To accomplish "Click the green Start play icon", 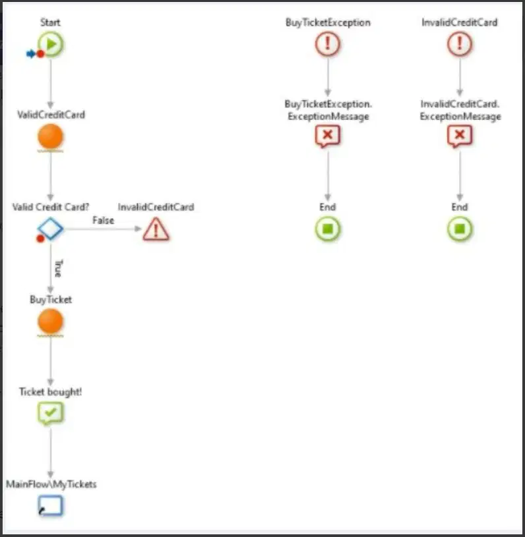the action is click(x=51, y=44).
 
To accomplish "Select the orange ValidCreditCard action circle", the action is click(x=50, y=136).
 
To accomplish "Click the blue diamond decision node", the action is click(x=50, y=229).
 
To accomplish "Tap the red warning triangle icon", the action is click(x=156, y=229).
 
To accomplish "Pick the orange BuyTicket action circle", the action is click(x=50, y=322).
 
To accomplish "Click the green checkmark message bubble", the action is click(x=50, y=413).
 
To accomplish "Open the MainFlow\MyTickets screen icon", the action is click(x=50, y=505).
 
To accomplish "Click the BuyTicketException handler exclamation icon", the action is click(x=328, y=44).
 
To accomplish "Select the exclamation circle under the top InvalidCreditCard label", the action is click(x=460, y=44).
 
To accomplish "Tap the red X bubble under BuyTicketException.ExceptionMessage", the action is click(x=328, y=136).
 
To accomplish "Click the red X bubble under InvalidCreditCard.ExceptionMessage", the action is click(x=460, y=136).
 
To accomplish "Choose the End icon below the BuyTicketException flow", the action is click(x=328, y=229).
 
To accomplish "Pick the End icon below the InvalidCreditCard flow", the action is click(x=460, y=229).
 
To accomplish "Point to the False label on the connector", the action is click(x=103, y=220).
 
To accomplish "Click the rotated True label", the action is click(x=59, y=268).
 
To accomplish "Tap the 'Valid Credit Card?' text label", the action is click(x=51, y=207).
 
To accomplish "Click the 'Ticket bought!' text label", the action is click(x=50, y=392).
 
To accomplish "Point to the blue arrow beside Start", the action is click(x=31, y=54).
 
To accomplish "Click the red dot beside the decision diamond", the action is click(x=40, y=239).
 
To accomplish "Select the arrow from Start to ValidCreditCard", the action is click(x=51, y=83).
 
